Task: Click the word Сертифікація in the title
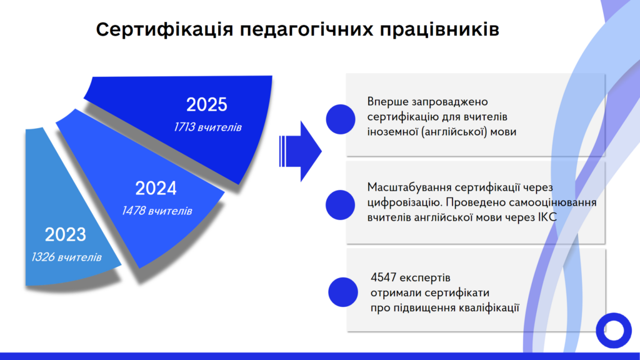[x=164, y=30]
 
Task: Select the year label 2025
[x=206, y=104]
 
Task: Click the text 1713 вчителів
[x=207, y=127]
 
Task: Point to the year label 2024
[x=156, y=188]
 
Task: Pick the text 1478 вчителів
[x=157, y=211]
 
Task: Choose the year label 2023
[x=65, y=235]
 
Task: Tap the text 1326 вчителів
[x=66, y=257]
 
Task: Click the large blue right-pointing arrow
[x=301, y=151]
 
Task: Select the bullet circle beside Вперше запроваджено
[x=341, y=119]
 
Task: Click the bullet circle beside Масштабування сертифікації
[x=341, y=205]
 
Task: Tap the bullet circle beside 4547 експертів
[x=343, y=292]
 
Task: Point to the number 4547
[x=383, y=277]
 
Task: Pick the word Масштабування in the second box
[x=409, y=187]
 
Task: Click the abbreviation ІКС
[x=547, y=217]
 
